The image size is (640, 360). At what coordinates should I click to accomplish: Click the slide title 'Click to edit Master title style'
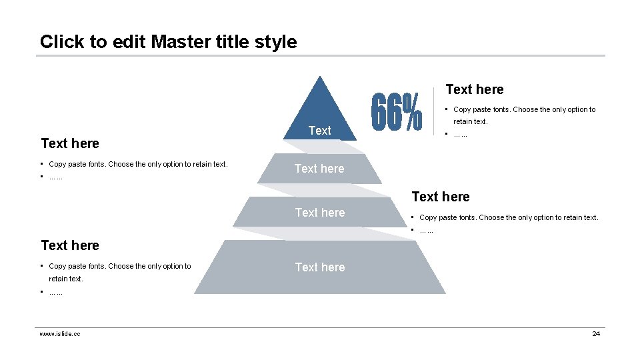(x=168, y=41)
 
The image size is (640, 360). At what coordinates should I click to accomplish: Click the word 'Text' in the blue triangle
(x=320, y=131)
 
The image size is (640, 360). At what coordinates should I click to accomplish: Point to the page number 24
(x=596, y=333)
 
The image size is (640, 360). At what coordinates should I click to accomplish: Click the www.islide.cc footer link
(x=60, y=333)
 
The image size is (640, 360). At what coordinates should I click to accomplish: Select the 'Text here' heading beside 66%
(x=474, y=89)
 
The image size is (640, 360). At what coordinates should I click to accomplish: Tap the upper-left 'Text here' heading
(x=70, y=143)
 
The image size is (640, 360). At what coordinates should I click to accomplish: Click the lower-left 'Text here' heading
(x=70, y=245)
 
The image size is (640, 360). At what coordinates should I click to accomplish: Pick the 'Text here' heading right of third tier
(x=441, y=197)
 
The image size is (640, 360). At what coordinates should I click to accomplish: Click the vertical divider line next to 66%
(x=434, y=112)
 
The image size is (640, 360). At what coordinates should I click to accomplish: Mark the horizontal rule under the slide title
(x=320, y=55)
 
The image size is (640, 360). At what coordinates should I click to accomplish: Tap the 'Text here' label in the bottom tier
(x=320, y=267)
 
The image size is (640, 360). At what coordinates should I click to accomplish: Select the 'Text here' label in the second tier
(x=320, y=169)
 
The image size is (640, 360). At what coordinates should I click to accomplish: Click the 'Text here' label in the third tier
(x=320, y=213)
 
